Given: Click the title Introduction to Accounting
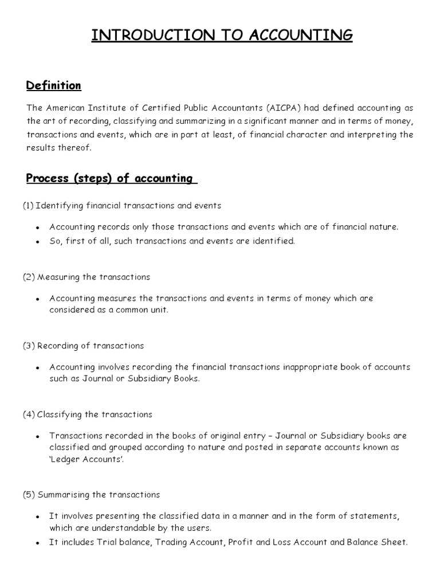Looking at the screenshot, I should pos(222,36).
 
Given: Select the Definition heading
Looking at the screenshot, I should pos(54,86).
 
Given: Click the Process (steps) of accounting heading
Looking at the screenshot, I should pos(111,178).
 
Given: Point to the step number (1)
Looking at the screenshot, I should pos(29,205).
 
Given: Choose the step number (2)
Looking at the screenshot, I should pos(29,277).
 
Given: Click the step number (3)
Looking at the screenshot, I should pos(29,346).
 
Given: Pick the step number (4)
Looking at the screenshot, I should pos(29,414).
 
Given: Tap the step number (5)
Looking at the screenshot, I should pos(29,494).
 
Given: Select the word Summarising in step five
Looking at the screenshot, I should pos(64,494).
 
